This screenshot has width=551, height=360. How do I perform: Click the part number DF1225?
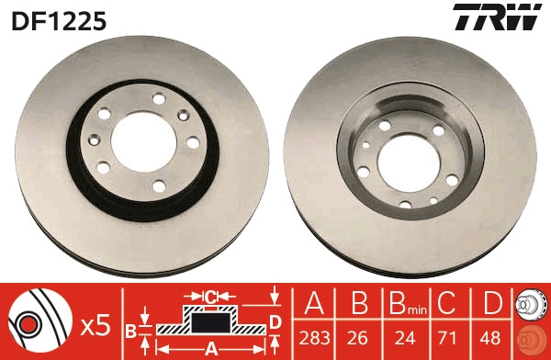[x=59, y=21]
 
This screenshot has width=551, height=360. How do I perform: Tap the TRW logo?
[x=497, y=17]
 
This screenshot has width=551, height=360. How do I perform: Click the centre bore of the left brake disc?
[x=144, y=142]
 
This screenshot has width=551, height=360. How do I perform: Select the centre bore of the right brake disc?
[x=409, y=163]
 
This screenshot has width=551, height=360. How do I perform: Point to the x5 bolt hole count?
[x=96, y=326]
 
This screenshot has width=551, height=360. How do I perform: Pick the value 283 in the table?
[x=314, y=338]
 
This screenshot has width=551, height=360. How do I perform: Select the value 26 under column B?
[x=358, y=338]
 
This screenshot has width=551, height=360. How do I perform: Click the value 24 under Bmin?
[x=406, y=338]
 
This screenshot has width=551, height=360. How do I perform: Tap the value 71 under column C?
[x=446, y=338]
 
